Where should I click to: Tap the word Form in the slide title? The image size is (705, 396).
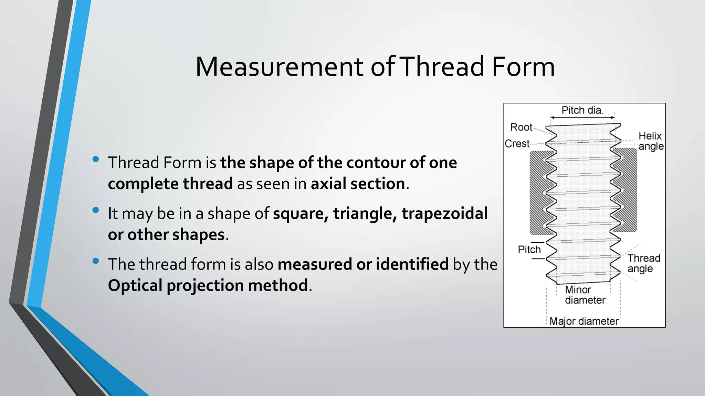(x=523, y=67)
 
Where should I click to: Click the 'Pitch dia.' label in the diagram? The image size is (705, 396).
(x=582, y=110)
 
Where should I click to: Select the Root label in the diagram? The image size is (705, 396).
(x=521, y=127)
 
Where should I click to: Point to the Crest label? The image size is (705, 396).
(x=517, y=144)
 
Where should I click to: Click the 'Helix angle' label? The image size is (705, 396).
(x=651, y=141)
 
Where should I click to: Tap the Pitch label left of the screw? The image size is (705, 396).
(x=529, y=250)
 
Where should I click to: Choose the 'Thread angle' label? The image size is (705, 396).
(x=643, y=263)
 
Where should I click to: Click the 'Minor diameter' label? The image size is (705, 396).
(x=585, y=295)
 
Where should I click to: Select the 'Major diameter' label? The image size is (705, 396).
(x=584, y=321)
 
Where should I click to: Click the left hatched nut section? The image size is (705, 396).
(x=537, y=192)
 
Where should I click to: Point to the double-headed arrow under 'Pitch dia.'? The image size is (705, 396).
(x=582, y=118)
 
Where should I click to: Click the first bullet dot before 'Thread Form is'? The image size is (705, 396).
(x=96, y=159)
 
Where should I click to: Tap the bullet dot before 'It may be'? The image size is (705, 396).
(x=96, y=210)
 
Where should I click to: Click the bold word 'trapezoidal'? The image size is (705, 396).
(x=444, y=213)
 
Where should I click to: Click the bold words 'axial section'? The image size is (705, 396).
(x=358, y=184)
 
